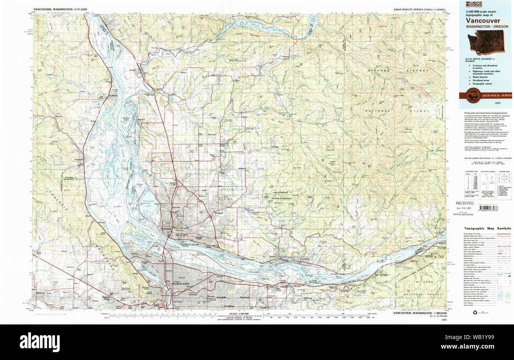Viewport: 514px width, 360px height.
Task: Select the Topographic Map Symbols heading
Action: [488, 228]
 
